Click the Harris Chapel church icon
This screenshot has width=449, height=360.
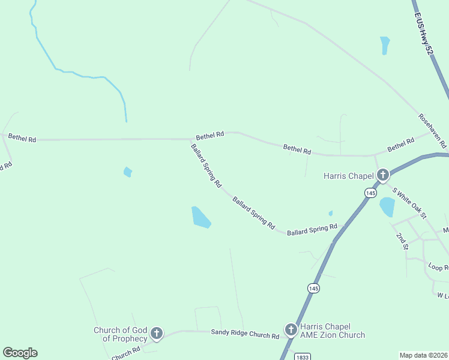click(x=382, y=175)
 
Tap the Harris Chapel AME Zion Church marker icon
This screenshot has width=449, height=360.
click(x=291, y=329)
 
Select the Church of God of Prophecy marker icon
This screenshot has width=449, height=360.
click(x=156, y=333)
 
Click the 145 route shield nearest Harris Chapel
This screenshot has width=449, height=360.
click(x=370, y=193)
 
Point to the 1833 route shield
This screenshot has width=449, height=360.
click(x=303, y=356)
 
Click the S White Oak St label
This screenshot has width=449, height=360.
click(x=409, y=203)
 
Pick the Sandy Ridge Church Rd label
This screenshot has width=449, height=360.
click(x=245, y=334)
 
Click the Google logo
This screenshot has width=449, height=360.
click(x=20, y=353)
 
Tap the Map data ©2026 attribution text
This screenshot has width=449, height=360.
click(x=424, y=355)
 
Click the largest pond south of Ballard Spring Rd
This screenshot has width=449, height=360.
click(x=200, y=217)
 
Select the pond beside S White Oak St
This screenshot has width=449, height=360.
click(x=387, y=206)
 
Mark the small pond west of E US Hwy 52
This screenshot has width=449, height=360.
click(x=384, y=45)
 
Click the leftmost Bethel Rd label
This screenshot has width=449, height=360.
click(x=22, y=138)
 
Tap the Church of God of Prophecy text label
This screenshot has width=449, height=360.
click(x=120, y=334)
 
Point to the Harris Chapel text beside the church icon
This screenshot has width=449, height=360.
click(x=348, y=176)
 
